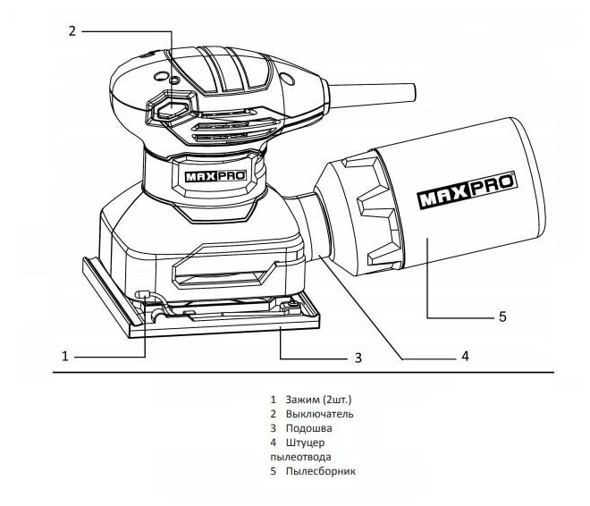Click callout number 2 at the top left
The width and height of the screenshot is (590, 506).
72,30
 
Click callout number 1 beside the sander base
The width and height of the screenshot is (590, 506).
64,356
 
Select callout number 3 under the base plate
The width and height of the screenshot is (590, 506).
358,358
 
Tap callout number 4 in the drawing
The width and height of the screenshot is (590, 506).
465,356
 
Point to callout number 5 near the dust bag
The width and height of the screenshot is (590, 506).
501,316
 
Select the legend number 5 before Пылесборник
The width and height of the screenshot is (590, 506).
272,471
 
